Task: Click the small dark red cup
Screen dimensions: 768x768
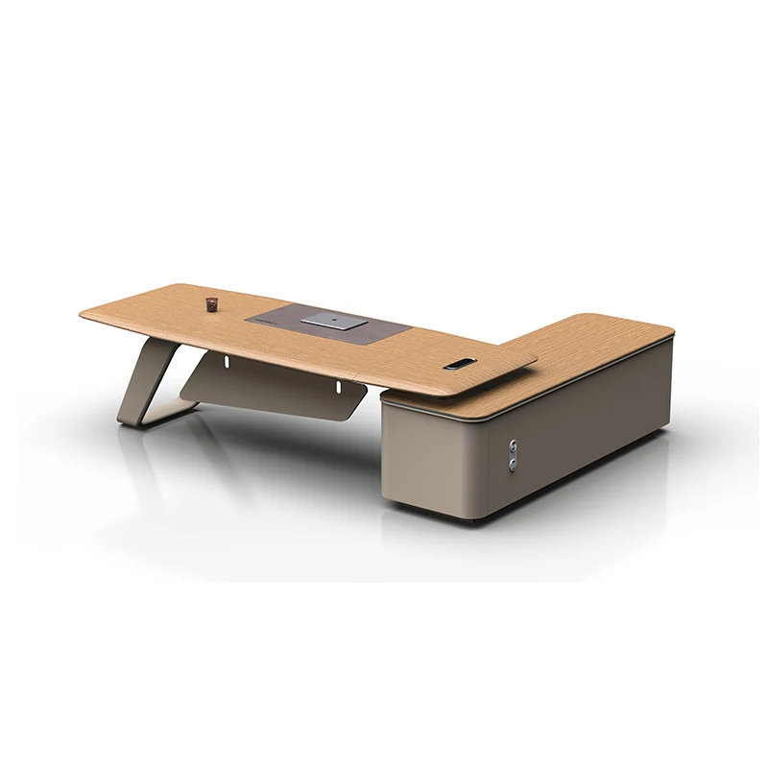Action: [x=210, y=303]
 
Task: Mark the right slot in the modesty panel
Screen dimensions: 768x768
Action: [x=338, y=387]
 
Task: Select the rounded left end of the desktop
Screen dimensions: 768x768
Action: [x=88, y=313]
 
